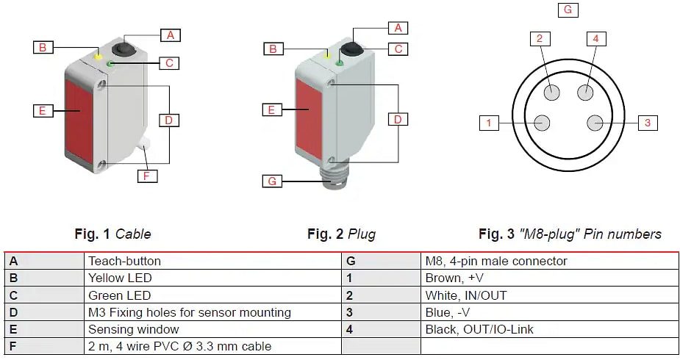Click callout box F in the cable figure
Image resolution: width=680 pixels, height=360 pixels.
[x=147, y=176]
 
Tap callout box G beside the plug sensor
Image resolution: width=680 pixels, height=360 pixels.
[x=272, y=181]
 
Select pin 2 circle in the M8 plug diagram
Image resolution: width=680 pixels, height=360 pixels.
[x=553, y=92]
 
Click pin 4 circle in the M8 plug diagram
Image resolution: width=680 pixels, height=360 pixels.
[x=585, y=92]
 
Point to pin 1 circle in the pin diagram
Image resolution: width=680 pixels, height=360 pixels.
[x=542, y=123]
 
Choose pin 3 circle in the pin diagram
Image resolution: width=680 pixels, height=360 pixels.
[x=596, y=123]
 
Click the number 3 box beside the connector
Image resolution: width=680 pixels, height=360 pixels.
[x=647, y=123]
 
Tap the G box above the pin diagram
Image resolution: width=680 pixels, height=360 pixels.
[x=568, y=10]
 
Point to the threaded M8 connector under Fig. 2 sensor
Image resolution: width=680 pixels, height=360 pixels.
[x=334, y=181]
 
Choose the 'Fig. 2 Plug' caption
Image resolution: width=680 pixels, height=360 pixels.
[x=341, y=234]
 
